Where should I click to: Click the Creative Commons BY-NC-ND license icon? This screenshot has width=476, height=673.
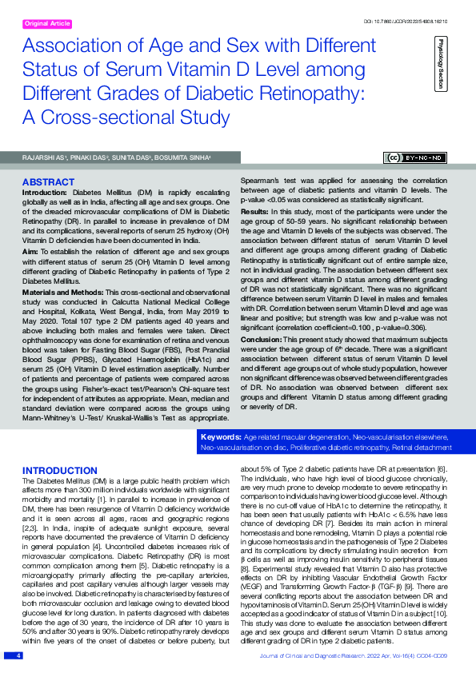tap(417, 157)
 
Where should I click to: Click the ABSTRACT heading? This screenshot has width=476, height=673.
tap(49, 182)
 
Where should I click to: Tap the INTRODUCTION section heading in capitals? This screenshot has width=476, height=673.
tap(60, 470)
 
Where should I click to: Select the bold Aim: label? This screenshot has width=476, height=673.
tap(31, 251)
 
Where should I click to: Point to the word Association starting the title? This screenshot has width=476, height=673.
tap(73, 46)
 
